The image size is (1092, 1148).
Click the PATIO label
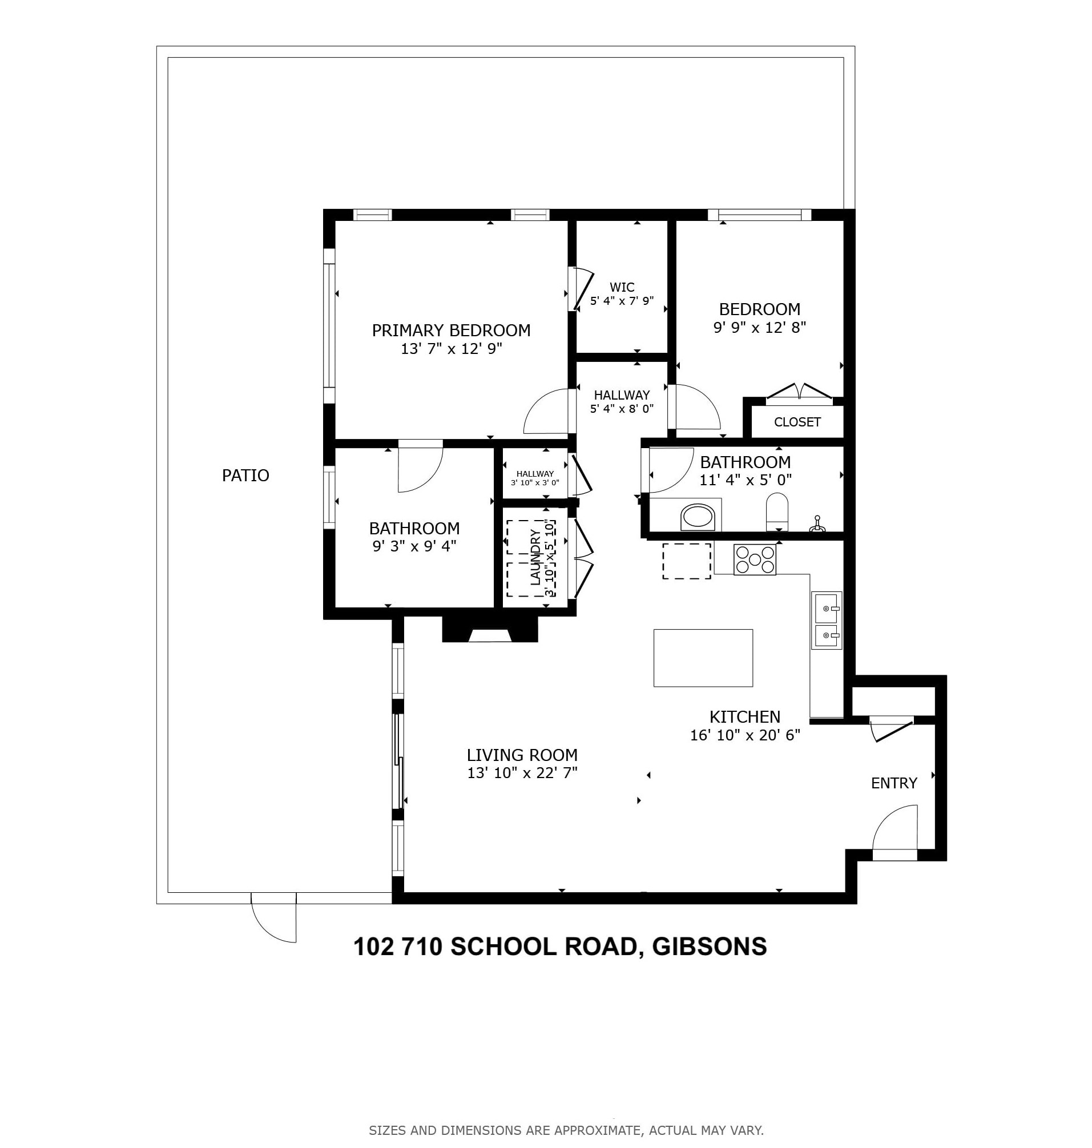[x=245, y=476]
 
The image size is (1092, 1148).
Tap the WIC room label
[x=622, y=287]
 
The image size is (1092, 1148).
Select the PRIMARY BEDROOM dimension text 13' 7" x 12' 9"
[x=451, y=349]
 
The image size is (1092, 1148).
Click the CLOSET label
[x=797, y=422]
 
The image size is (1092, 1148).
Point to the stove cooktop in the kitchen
[x=755, y=559]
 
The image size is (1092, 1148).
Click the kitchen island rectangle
[x=703, y=658]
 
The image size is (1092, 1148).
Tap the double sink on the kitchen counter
[x=827, y=621]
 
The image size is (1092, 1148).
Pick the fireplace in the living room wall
[x=490, y=631]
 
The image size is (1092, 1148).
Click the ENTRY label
[x=893, y=784]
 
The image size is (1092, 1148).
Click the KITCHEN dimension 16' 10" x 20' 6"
[x=744, y=735]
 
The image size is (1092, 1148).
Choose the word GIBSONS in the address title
[x=709, y=946]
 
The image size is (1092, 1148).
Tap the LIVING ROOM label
[x=522, y=755]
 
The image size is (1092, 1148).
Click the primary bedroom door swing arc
[x=545, y=412]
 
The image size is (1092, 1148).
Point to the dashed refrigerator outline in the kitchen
[x=686, y=561]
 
